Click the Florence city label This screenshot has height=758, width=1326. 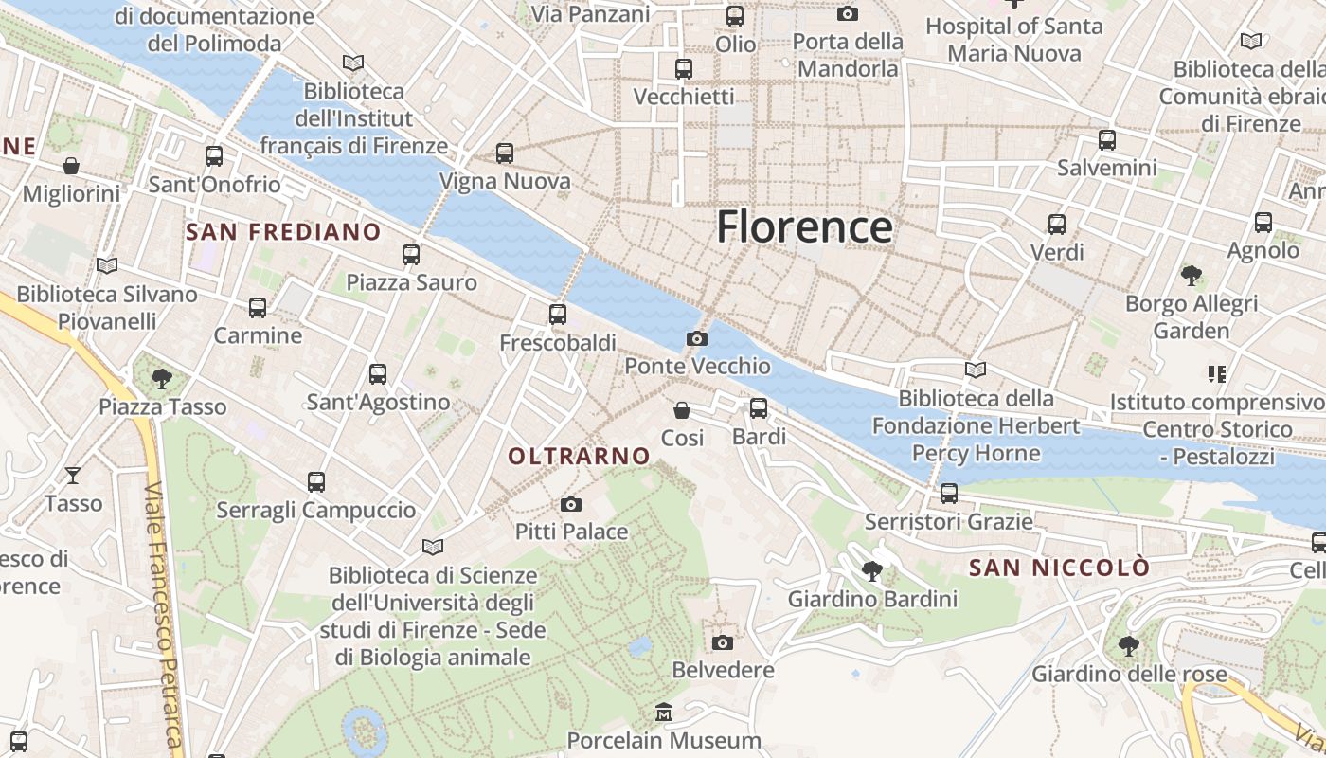(804, 227)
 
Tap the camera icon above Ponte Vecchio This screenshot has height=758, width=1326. (697, 338)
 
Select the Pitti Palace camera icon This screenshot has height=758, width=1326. (570, 504)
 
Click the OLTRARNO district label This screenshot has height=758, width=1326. (579, 457)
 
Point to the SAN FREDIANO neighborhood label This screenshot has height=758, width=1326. (283, 232)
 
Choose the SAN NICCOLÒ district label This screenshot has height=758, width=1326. (1059, 568)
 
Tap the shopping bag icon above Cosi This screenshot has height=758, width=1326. (681, 410)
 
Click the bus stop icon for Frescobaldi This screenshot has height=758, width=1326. (558, 314)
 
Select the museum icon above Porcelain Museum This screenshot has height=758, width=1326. (664, 712)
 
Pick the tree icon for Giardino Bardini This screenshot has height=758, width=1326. (871, 570)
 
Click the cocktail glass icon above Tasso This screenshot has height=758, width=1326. (73, 475)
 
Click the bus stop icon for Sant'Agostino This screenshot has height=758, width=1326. (378, 374)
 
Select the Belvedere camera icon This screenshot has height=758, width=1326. (722, 642)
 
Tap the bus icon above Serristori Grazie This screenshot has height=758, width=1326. (948, 494)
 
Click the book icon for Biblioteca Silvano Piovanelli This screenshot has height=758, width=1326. (106, 266)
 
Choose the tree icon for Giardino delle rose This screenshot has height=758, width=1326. (1128, 646)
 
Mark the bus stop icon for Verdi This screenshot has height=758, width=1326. (1057, 225)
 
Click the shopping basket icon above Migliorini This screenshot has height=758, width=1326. (71, 167)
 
